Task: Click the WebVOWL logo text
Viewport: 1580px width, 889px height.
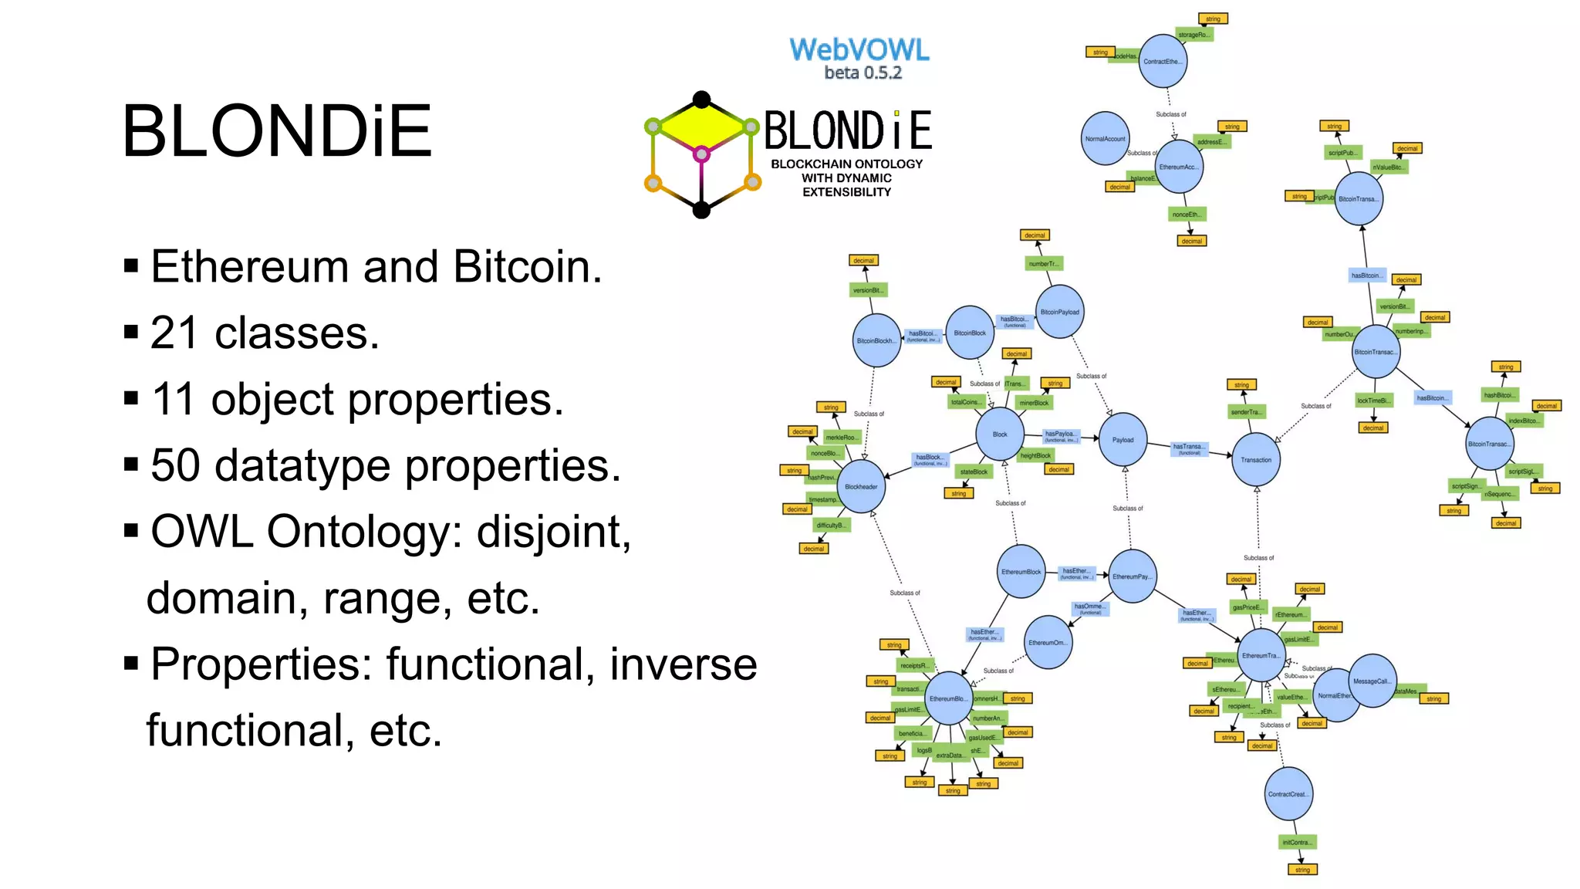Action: [859, 50]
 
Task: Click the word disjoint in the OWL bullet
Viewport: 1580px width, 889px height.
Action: [553, 532]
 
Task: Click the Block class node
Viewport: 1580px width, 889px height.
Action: [1000, 434]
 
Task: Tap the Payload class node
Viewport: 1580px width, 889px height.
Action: [1123, 440]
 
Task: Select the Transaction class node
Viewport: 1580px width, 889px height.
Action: [1256, 460]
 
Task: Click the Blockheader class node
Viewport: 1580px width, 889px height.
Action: [861, 487]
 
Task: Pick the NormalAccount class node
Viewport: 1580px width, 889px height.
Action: [1105, 139]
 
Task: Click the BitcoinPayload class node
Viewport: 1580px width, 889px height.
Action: [1059, 312]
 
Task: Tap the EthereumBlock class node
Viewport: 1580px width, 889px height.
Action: [1021, 572]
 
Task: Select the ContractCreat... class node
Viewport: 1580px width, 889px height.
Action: [1288, 794]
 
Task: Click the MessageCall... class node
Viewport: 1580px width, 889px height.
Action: [1372, 681]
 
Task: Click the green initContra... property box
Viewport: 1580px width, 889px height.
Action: [1297, 842]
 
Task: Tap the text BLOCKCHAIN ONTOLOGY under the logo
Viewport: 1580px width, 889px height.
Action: [846, 164]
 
